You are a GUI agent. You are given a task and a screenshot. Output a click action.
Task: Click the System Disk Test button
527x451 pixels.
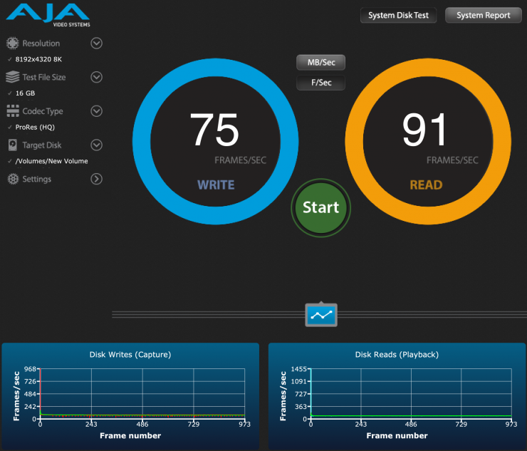398,15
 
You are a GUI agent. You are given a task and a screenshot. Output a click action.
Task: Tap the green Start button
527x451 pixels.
320,207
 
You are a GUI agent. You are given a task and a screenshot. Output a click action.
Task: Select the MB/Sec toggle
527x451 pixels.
320,63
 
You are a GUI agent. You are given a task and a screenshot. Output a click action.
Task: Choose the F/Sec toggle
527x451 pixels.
320,83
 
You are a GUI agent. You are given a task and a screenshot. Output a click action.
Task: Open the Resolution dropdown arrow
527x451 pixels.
97,43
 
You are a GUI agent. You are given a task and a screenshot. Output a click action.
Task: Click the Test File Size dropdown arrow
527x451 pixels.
97,77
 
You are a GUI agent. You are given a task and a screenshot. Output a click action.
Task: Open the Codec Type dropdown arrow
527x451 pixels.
97,111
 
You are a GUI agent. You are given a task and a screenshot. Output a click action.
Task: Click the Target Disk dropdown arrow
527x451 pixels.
97,145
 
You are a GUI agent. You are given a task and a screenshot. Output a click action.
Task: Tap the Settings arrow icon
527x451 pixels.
97,179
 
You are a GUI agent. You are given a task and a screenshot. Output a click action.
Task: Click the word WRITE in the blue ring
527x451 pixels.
216,185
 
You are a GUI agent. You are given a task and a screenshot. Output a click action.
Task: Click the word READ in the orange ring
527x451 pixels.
426,185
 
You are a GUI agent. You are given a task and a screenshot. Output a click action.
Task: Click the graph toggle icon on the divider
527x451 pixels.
321,314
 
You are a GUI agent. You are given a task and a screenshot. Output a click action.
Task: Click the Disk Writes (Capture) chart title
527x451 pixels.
130,354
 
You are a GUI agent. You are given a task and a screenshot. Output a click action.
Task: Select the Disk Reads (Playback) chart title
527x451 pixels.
397,354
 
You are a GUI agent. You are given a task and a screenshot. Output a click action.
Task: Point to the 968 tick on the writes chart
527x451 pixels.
29,369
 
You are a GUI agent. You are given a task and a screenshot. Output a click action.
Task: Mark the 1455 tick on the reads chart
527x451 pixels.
298,369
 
